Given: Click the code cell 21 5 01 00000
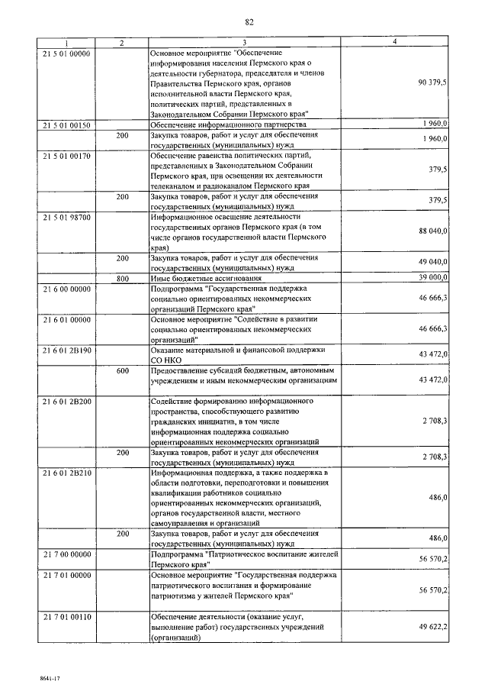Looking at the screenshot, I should pos(66,53).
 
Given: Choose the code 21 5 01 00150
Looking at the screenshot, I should pos(66,123).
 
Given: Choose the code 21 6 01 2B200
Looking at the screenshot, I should pos(66,401).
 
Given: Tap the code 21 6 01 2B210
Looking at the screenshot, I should pos(66,473).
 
